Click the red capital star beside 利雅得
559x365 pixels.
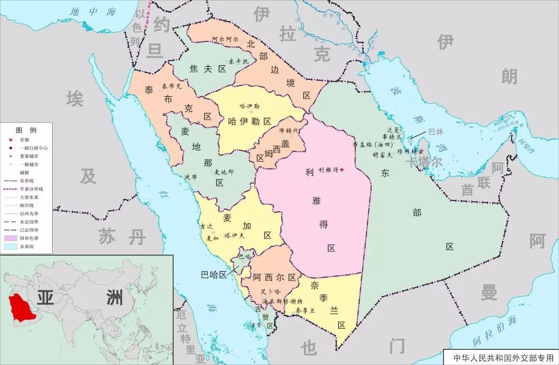pos(342,170)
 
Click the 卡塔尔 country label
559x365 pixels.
pos(424,163)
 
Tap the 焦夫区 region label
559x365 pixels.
pos(208,69)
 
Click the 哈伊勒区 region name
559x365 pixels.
pos(249,121)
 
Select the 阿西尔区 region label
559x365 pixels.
pos(274,278)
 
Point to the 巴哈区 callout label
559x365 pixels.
pos(214,275)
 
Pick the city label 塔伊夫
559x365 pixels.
pos(234,236)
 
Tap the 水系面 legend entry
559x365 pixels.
pos(26,246)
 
